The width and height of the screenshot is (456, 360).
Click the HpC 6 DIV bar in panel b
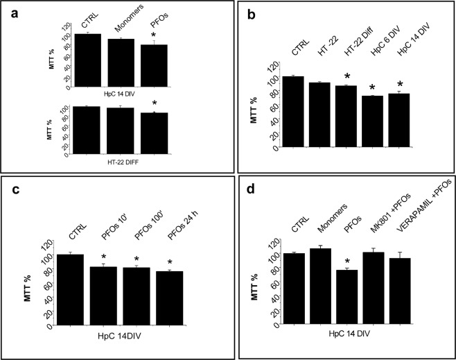(374, 121)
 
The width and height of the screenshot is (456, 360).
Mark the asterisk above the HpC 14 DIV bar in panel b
(400, 84)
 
